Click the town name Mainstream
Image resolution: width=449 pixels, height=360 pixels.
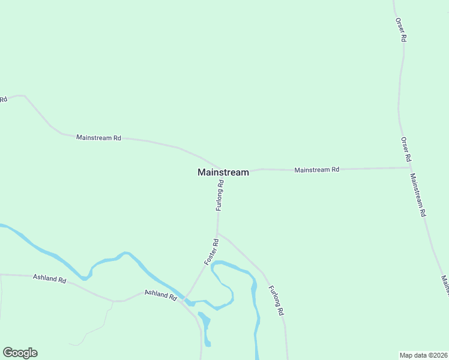point(223,172)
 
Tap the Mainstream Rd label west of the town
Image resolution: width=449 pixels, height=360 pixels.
point(98,137)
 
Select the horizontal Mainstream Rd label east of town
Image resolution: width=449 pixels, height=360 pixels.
point(316,170)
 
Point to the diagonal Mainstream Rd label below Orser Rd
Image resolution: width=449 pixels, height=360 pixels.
point(418,195)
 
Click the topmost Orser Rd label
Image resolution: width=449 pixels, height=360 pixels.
point(400,29)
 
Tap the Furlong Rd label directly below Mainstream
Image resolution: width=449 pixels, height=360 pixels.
point(220,196)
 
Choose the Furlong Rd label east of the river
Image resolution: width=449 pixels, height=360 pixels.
point(276,301)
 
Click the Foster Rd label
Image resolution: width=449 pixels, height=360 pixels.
point(211,252)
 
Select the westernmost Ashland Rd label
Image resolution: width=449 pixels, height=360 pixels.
point(49,278)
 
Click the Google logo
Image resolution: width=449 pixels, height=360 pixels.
point(20,353)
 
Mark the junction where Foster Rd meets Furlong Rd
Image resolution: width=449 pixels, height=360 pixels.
point(217,233)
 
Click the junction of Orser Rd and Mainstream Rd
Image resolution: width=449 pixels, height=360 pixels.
point(409,168)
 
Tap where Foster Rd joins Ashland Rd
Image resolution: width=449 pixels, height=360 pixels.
point(185,298)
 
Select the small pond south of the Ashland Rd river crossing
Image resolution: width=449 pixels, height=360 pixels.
point(206,328)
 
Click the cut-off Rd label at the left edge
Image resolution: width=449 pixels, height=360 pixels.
point(3,99)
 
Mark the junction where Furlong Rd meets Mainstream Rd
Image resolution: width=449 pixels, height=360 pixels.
point(220,169)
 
